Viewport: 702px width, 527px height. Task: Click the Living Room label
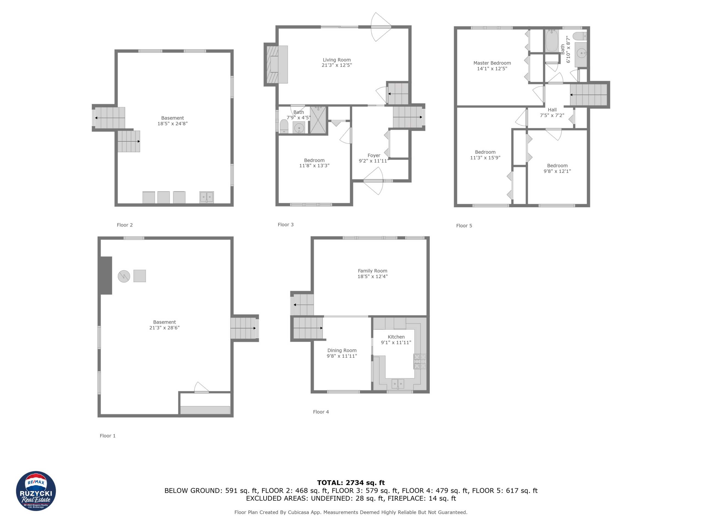click(x=337, y=60)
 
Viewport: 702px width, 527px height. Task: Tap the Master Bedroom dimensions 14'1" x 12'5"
click(x=492, y=69)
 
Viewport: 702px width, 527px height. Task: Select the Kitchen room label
click(x=396, y=337)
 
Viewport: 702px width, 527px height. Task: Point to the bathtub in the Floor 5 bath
click(x=552, y=40)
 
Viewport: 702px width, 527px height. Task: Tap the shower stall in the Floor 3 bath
click(x=318, y=120)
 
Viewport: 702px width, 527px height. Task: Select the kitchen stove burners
click(x=420, y=361)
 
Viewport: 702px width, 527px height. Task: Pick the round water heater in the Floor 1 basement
click(x=124, y=276)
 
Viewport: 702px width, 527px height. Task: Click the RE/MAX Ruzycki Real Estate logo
click(x=36, y=491)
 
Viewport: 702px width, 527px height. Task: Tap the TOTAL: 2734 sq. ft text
click(x=351, y=483)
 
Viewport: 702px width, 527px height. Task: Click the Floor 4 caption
click(x=321, y=412)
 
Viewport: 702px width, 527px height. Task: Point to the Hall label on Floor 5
click(x=552, y=110)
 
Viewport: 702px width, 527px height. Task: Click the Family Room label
click(x=372, y=271)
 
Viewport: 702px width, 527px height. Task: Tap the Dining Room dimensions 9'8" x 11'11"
click(x=342, y=356)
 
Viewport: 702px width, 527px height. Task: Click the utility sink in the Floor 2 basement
click(x=206, y=197)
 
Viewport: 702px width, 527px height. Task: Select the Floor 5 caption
click(x=464, y=226)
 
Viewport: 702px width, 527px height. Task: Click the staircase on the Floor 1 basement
click(x=244, y=328)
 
